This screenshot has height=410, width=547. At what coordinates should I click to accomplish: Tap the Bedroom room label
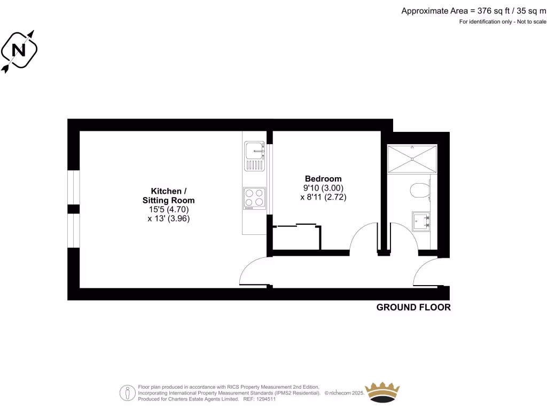click(x=323, y=178)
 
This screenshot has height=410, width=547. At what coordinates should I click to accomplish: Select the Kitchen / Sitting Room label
click(x=169, y=196)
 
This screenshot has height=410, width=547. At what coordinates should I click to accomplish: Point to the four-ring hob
click(x=254, y=197)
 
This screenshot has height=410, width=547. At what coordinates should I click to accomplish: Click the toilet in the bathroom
click(x=420, y=190)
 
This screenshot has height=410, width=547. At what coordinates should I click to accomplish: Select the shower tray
click(x=412, y=159)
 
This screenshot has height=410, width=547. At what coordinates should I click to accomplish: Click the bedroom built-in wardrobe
click(x=297, y=237)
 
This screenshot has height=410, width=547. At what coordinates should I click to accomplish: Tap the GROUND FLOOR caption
click(x=413, y=307)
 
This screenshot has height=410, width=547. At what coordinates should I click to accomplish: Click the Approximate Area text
click(x=473, y=10)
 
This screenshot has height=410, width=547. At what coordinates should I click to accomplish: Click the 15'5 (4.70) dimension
click(x=169, y=210)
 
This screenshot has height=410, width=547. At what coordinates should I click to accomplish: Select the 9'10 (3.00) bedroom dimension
click(x=323, y=187)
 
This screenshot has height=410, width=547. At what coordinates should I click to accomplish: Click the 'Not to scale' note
click(x=531, y=22)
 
